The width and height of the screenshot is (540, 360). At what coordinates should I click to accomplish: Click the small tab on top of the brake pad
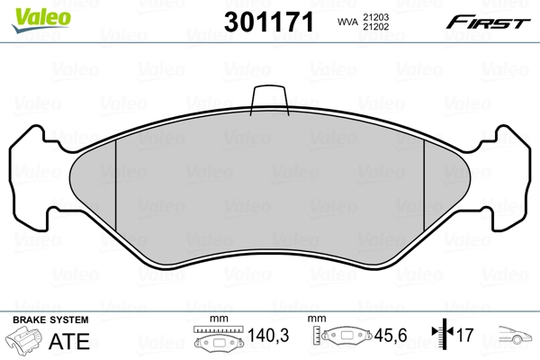click(269, 98)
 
